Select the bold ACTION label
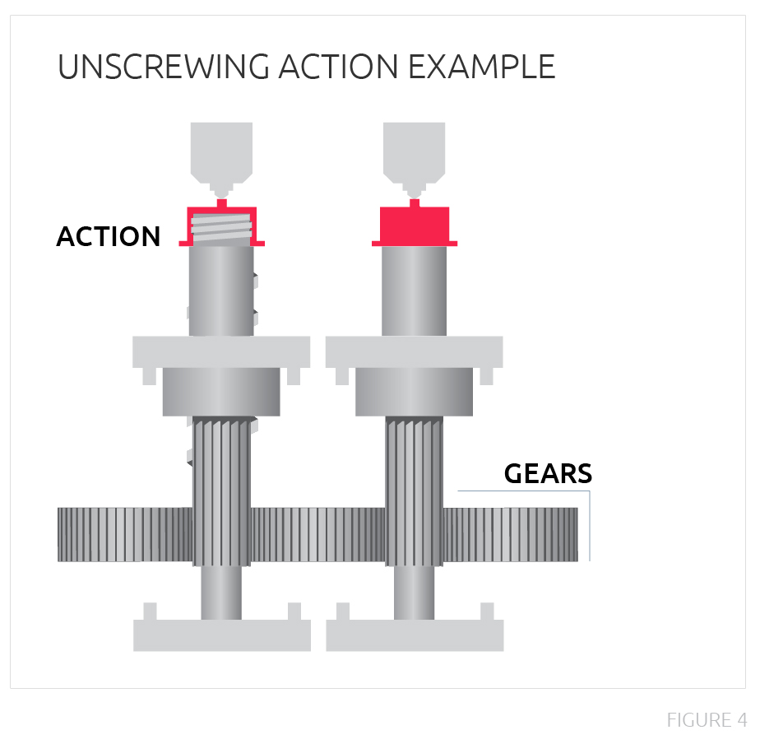pos(109,237)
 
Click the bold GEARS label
pos(548,473)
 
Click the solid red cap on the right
pos(415,225)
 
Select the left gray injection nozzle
pos(221,152)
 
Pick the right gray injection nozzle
pos(415,152)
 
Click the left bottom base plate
pos(222,635)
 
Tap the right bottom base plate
pos(415,635)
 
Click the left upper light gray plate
pos(221,352)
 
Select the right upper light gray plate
pos(415,352)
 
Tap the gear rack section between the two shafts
pos(317,535)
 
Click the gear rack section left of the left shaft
pos(123,535)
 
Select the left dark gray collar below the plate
pos(221,392)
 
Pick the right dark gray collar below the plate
pos(415,392)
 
